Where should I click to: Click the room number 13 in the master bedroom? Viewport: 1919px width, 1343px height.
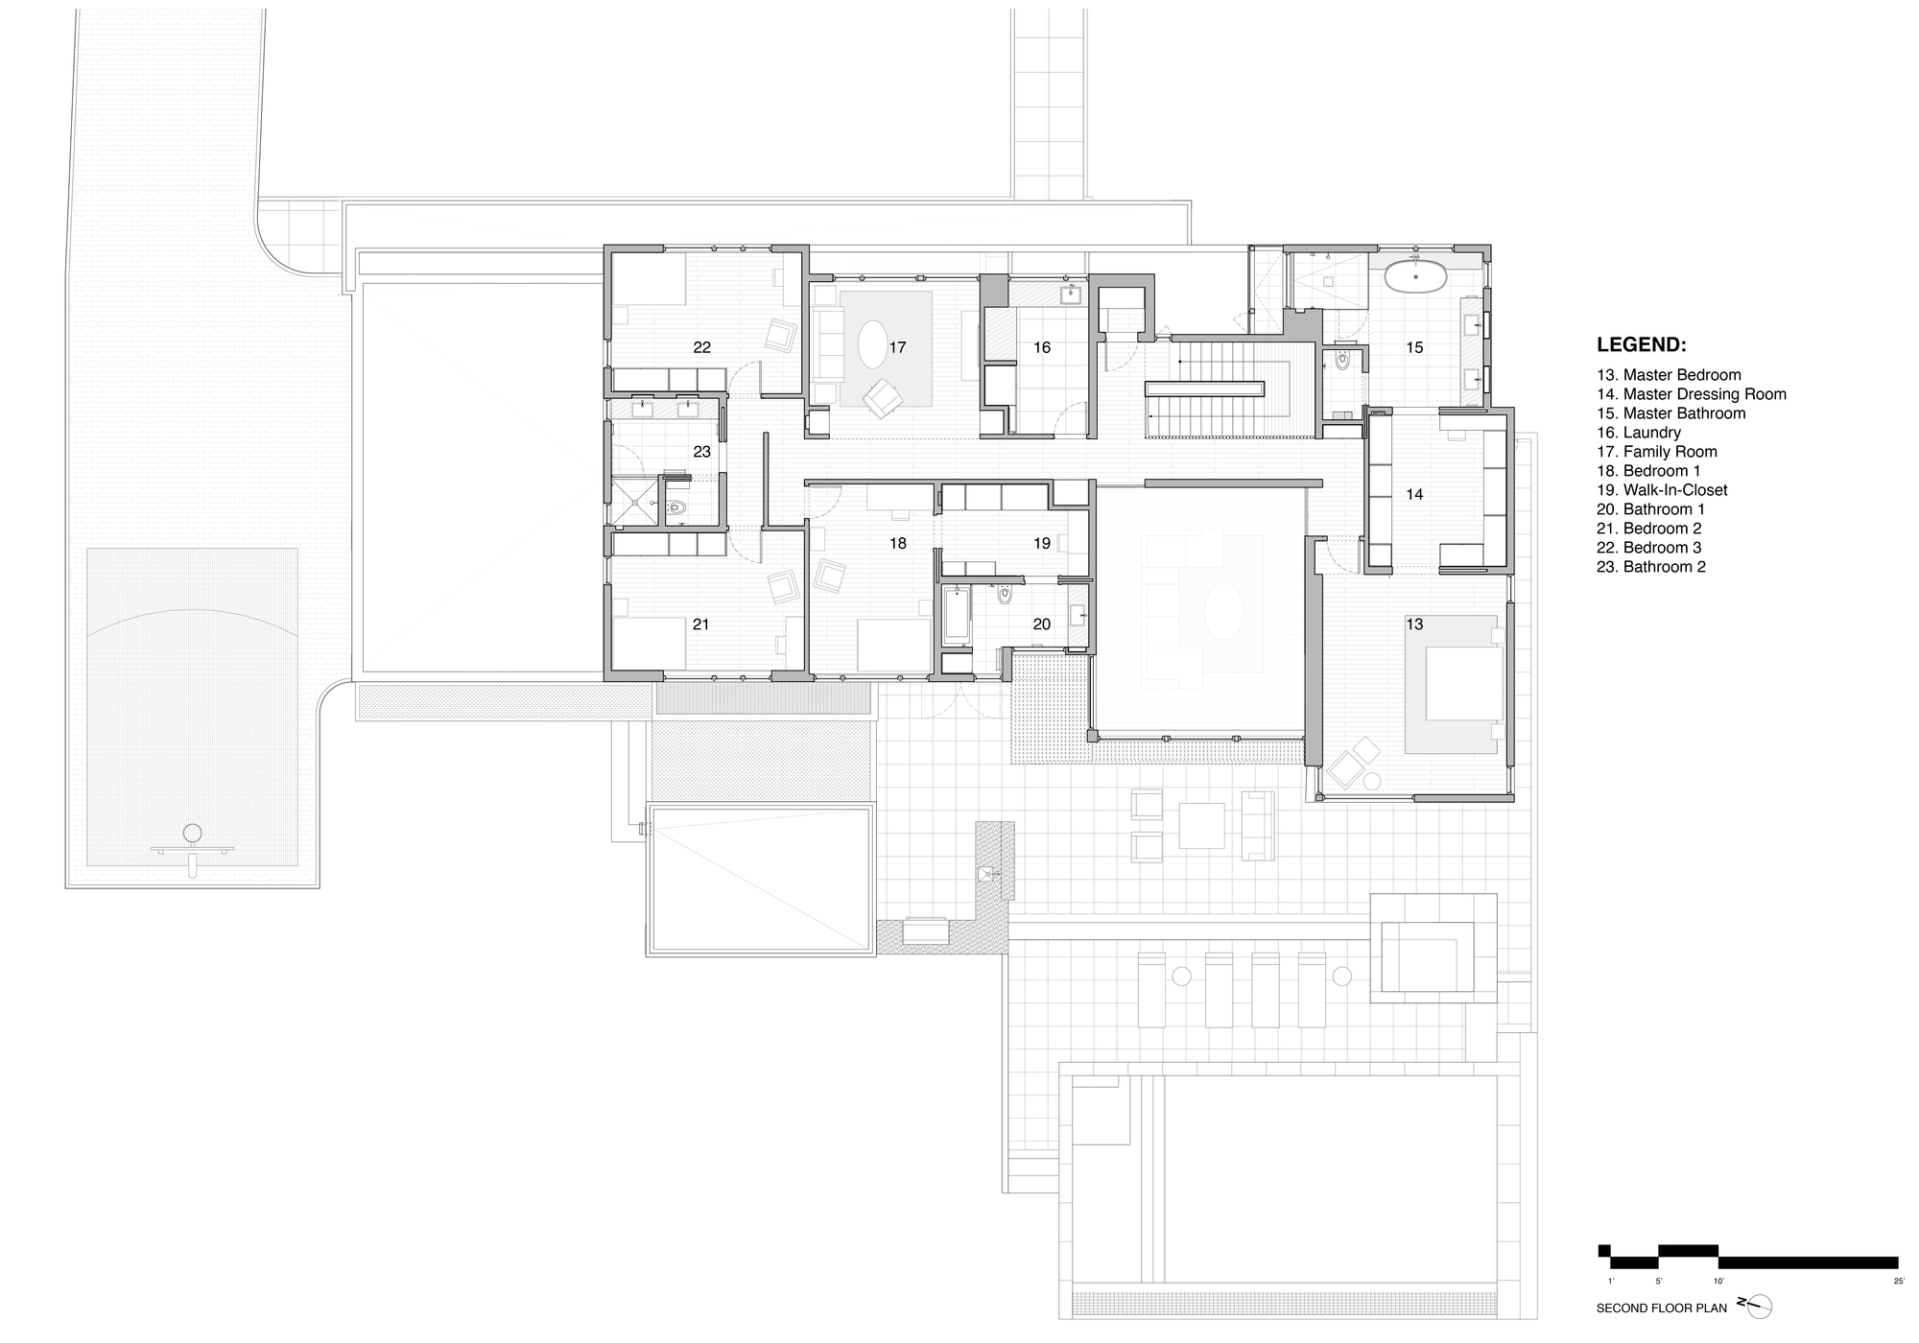pyautogui.click(x=1414, y=624)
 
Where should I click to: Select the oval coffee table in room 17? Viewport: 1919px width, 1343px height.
pyautogui.click(x=872, y=343)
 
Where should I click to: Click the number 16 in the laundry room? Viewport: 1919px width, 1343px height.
pyautogui.click(x=1042, y=347)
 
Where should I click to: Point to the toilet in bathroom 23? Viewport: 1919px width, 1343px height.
pyautogui.click(x=677, y=509)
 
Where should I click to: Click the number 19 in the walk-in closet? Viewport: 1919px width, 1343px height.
pyautogui.click(x=1042, y=543)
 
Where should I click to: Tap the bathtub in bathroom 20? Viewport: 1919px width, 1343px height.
pyautogui.click(x=956, y=616)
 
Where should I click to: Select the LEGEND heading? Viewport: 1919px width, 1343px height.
pyautogui.click(x=1641, y=344)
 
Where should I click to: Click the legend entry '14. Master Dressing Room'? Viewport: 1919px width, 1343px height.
pyautogui.click(x=1691, y=394)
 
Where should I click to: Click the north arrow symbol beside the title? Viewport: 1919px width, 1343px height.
pyautogui.click(x=1756, y=1306)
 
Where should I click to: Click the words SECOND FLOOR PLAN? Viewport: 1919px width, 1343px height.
pyautogui.click(x=1661, y=1308)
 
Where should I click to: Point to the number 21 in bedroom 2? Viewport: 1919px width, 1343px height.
pyautogui.click(x=701, y=624)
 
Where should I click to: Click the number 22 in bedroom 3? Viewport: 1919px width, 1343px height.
pyautogui.click(x=701, y=347)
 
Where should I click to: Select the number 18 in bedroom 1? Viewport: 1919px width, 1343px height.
pyautogui.click(x=897, y=543)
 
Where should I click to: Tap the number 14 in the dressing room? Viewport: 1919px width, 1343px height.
pyautogui.click(x=1414, y=495)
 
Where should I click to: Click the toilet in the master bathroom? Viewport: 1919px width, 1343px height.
pyautogui.click(x=1342, y=362)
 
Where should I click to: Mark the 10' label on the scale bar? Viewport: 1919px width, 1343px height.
pyautogui.click(x=1718, y=1281)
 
